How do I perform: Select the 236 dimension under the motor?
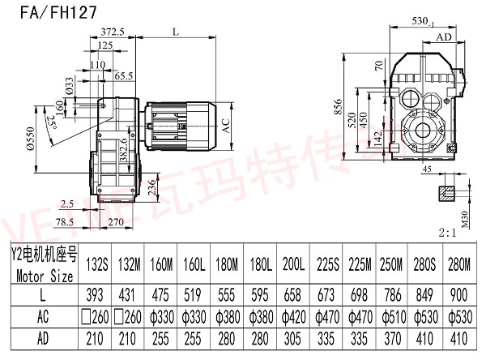(x=155, y=189)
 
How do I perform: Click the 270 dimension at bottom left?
(x=116, y=221)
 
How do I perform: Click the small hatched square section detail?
(x=447, y=193)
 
